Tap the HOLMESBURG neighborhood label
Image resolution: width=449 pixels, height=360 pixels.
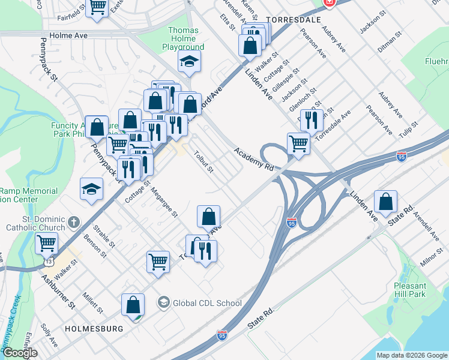point(94,329)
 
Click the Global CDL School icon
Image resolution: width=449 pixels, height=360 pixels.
point(163,302)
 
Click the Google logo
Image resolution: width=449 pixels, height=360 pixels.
point(19,353)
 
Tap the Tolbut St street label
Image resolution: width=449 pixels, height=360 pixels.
point(203,161)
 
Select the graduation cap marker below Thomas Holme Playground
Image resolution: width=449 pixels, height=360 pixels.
point(189,61)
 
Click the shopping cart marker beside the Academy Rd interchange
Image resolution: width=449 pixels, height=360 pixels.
point(298,143)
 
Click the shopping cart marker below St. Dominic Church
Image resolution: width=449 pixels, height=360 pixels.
point(46,244)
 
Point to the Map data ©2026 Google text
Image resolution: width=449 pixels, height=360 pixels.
point(411,355)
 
